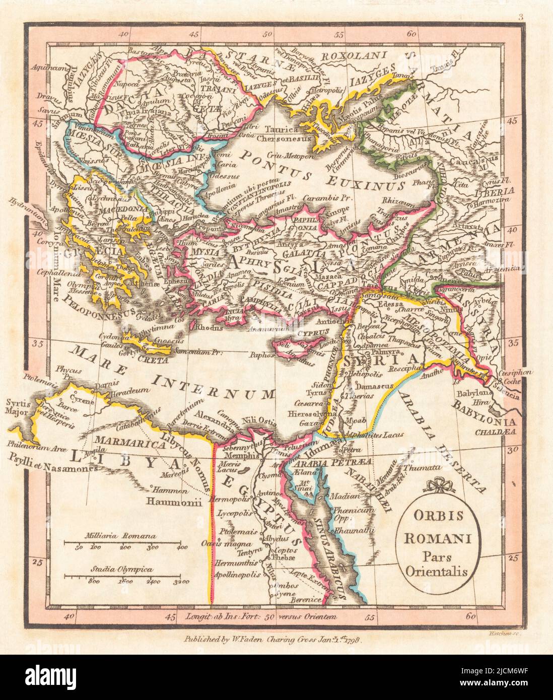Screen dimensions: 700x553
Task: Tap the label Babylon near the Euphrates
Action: [469, 393]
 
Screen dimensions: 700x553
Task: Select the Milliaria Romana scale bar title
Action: [120, 536]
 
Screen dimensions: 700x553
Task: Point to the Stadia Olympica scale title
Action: [121, 569]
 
